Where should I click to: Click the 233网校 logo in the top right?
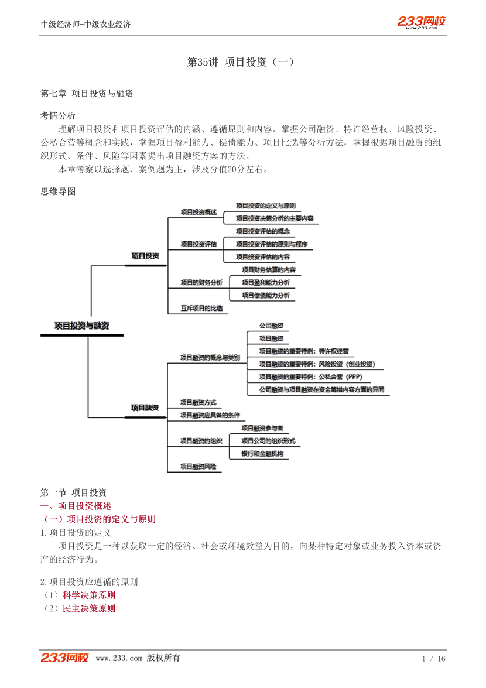coord(422,22)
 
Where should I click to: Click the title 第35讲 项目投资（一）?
coord(241,62)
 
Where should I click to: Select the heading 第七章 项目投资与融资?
coord(87,93)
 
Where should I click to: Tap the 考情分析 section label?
coord(58,115)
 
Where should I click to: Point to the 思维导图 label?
coord(58,191)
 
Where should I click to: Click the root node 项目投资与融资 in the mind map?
coord(81,326)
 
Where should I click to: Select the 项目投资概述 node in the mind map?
coord(198,212)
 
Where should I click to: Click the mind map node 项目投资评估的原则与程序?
coord(272,244)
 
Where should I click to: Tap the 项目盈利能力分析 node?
coord(266,282)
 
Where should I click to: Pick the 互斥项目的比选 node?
coord(202,308)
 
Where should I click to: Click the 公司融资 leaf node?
coord(272,326)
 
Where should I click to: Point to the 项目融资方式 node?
coord(198,402)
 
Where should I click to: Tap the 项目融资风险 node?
coord(198,467)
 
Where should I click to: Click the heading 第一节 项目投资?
coord(74,492)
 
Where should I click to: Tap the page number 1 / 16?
coord(434,659)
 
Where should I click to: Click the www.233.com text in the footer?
coord(119,658)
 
